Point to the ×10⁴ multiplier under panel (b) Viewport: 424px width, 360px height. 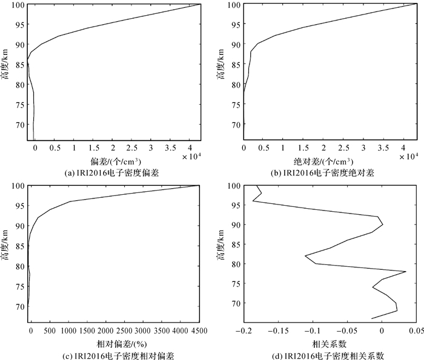pos(410,156)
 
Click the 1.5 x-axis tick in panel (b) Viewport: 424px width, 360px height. pos(303,147)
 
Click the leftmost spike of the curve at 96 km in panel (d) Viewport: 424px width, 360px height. pos(253,201)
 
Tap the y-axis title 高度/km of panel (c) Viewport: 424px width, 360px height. pos(5,246)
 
